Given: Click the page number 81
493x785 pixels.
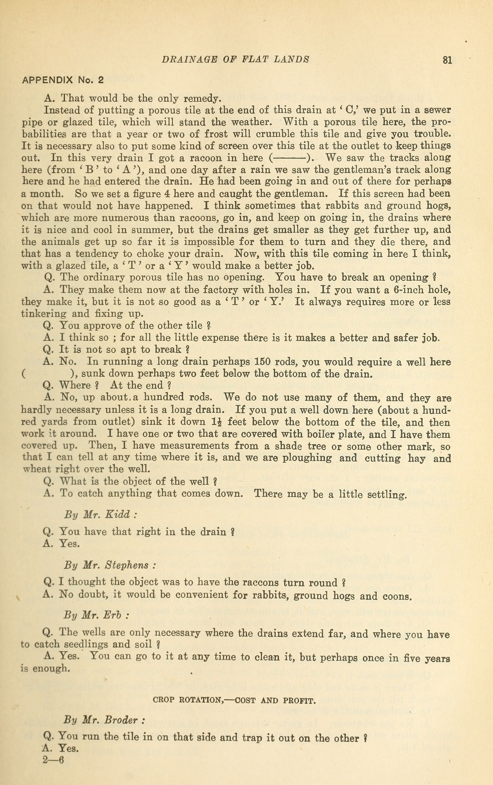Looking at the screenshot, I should [x=447, y=60].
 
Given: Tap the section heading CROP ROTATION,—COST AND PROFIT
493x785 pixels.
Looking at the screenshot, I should [x=234, y=700].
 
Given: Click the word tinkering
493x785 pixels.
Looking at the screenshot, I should [x=44, y=314].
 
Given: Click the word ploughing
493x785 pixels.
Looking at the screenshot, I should [x=307, y=458].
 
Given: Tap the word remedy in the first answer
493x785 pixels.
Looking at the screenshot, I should [x=202, y=98].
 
